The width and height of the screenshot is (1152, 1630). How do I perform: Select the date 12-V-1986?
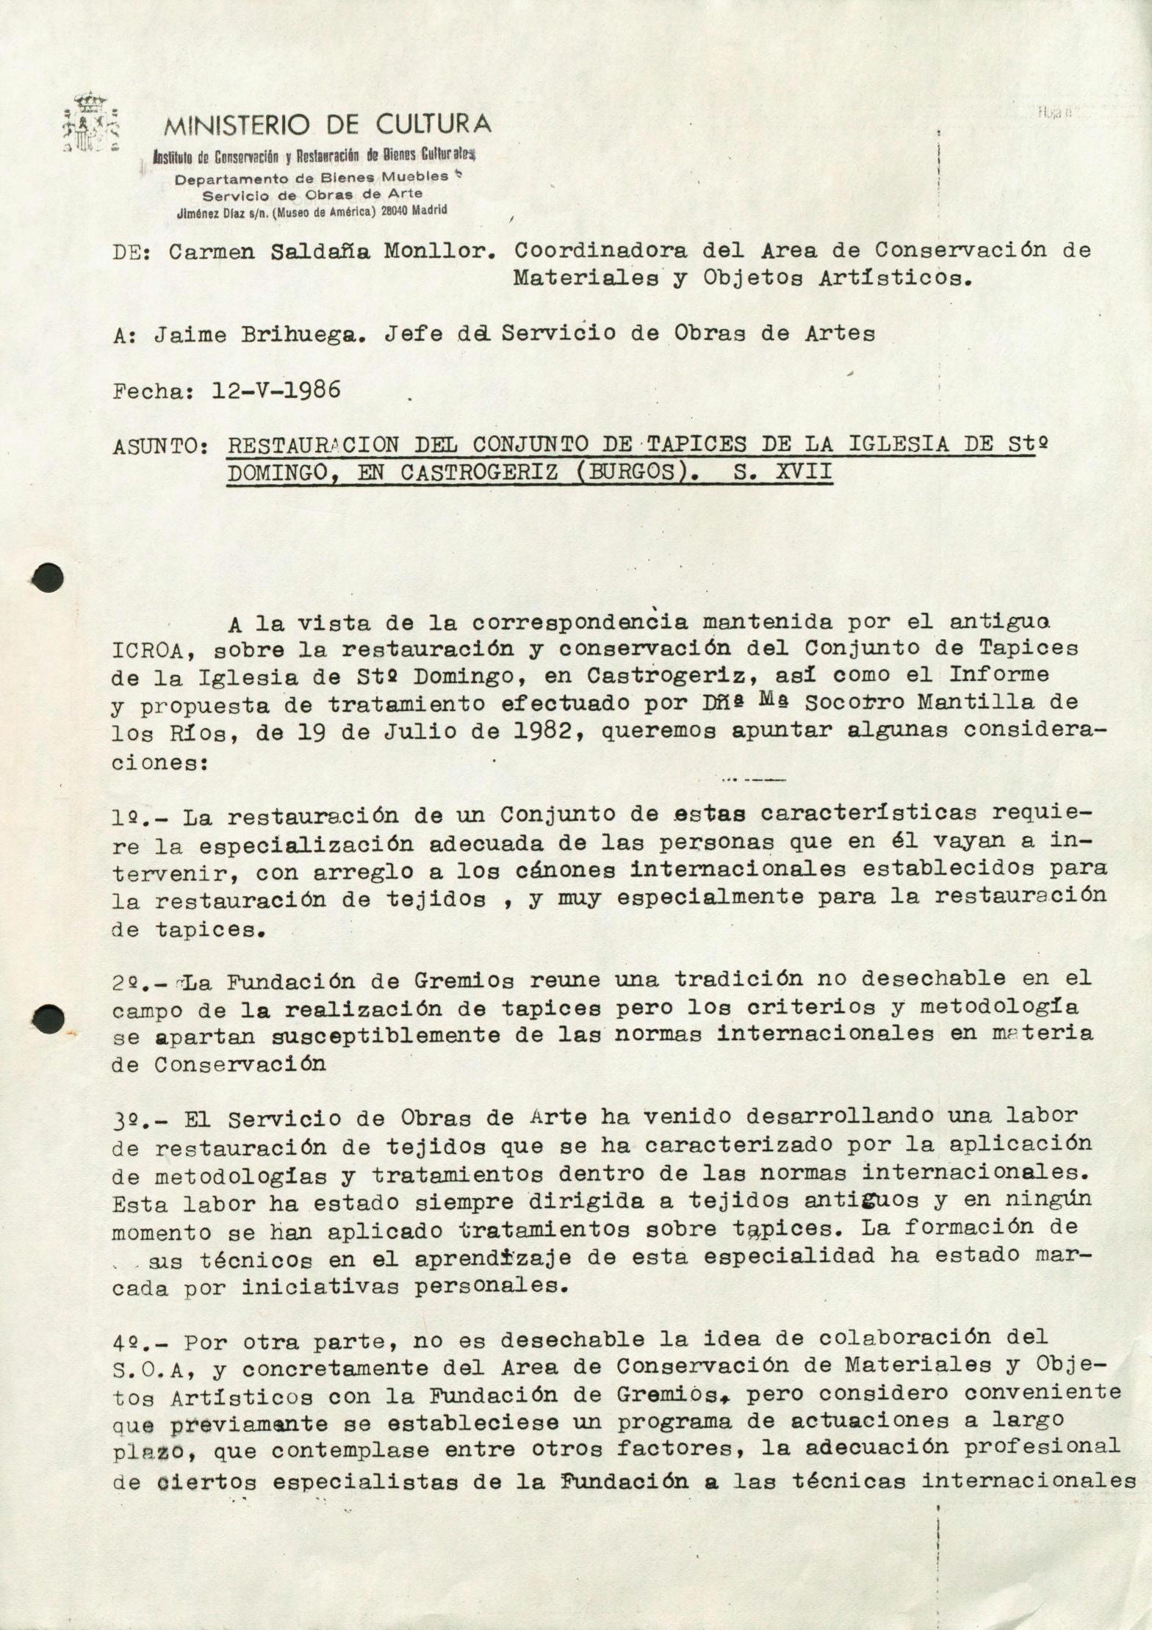[x=276, y=389]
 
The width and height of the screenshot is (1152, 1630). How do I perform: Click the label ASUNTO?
[x=158, y=446]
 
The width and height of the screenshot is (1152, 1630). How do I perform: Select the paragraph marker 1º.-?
[x=141, y=816]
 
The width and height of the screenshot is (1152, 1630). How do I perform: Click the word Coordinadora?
[x=600, y=251]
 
